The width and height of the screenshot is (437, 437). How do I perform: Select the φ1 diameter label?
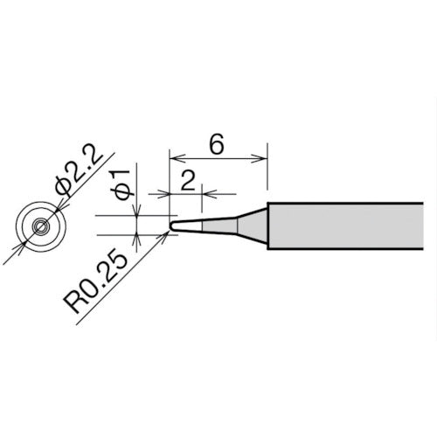coord(122,188)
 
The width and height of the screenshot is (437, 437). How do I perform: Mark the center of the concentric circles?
coord(40,225)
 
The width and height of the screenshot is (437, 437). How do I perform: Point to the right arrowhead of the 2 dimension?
coord(205,192)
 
